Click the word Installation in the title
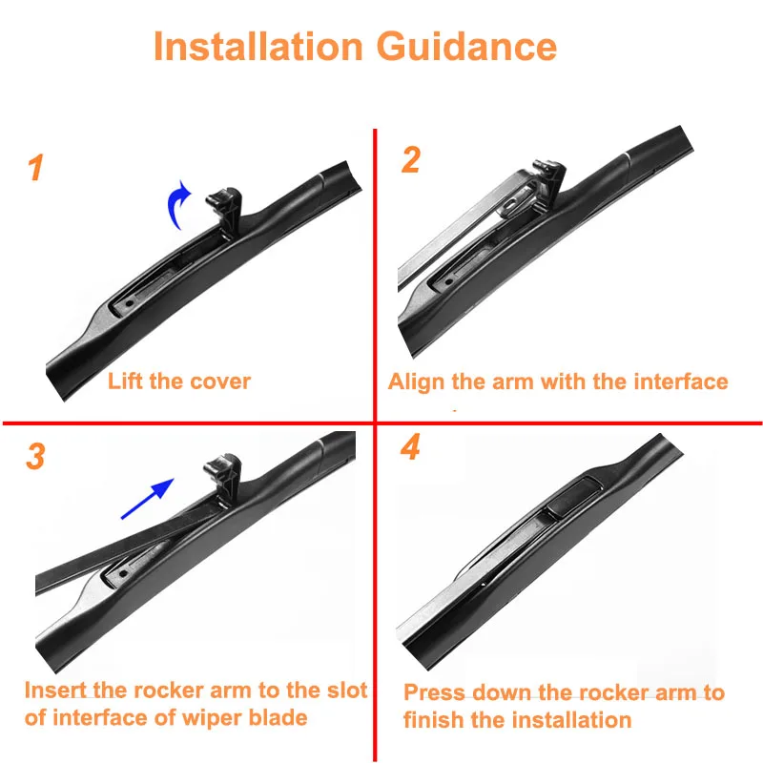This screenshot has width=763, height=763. [x=258, y=46]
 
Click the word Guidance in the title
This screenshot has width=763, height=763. [x=466, y=46]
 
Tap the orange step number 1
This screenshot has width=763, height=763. [x=35, y=168]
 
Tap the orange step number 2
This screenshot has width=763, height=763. [x=411, y=159]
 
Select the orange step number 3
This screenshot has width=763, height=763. [x=35, y=456]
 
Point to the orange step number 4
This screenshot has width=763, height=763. [x=410, y=446]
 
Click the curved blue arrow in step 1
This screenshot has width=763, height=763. [x=178, y=205]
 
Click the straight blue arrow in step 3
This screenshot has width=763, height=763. [x=148, y=499]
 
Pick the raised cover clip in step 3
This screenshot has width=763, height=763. [x=222, y=479]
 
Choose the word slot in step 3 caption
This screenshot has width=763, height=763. [x=347, y=690]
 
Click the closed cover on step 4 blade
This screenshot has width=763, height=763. [x=573, y=496]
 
